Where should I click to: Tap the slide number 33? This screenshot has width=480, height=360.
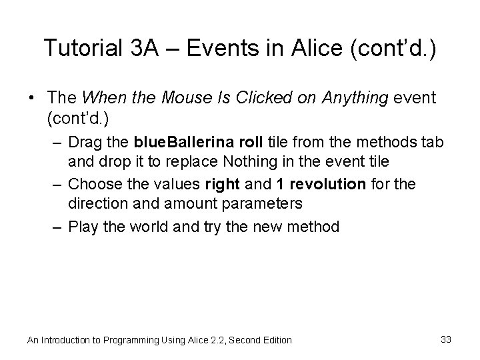(x=446, y=339)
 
